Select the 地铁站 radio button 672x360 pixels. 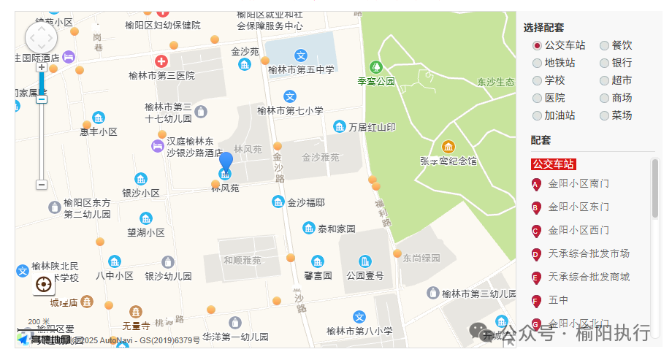538,64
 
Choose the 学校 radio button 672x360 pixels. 538,81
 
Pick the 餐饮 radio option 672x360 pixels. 604,46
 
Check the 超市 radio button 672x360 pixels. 604,81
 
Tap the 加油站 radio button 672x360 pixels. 538,116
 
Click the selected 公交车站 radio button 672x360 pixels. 538,46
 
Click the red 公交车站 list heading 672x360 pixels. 554,164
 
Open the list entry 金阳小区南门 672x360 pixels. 579,184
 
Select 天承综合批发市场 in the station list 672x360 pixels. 589,254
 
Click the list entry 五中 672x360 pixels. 558,300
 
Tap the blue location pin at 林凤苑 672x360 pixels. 226,165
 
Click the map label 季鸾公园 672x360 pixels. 376,81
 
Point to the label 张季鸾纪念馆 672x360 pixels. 448,161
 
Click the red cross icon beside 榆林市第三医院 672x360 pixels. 161,62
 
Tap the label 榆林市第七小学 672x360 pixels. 290,111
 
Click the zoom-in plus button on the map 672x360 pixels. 42,67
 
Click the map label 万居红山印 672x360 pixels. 372,127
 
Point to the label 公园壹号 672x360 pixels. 364,275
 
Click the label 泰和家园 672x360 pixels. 336,229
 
